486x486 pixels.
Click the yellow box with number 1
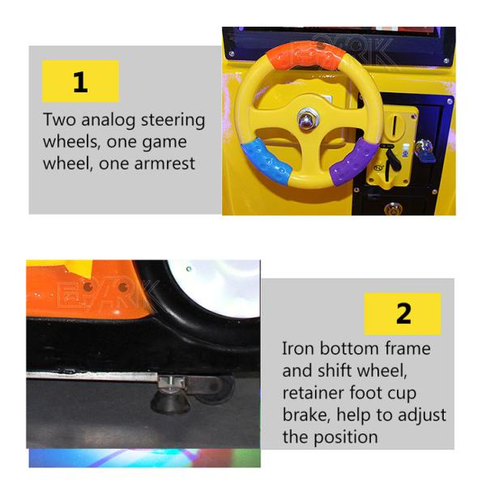[80, 81]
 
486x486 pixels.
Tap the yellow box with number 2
[403, 314]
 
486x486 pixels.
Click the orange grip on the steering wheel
[306, 56]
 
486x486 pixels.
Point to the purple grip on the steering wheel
[354, 162]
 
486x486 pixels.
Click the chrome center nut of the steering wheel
[307, 119]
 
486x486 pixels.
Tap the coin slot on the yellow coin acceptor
[394, 125]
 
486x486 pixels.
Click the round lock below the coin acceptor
[393, 208]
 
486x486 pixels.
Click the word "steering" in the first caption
[173, 121]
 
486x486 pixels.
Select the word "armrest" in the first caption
[165, 164]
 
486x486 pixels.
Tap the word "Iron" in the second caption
[298, 348]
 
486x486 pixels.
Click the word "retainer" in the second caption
[313, 392]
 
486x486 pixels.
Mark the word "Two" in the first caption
[59, 120]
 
